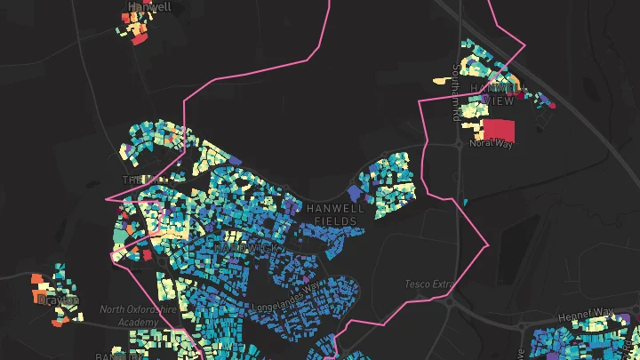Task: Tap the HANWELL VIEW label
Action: pos(492,94)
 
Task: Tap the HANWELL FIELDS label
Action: pos(335,213)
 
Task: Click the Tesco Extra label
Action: pos(429,284)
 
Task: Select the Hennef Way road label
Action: pos(586,315)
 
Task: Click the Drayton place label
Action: pos(59,300)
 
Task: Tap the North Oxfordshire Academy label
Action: pos(137,316)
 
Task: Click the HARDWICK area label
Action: pos(244,247)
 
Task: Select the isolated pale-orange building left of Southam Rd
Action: pos(442,81)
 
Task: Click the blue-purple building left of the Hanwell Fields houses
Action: pos(355,192)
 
